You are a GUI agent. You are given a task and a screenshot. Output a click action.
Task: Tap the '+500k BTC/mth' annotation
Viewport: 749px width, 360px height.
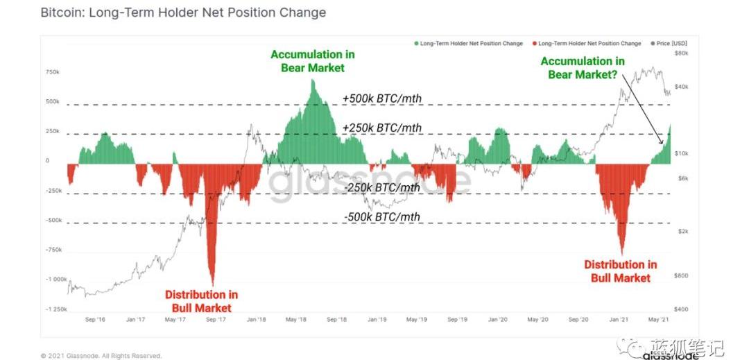tap(382, 98)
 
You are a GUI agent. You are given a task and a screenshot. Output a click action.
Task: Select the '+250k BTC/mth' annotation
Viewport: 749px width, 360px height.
tap(382, 128)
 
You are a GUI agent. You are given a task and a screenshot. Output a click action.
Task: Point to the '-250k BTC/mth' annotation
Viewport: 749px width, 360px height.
tap(382, 187)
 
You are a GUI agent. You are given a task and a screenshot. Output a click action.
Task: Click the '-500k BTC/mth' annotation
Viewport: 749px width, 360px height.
tap(382, 217)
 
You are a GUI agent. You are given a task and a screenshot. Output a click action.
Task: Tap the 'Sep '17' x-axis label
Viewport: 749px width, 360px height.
tap(216, 320)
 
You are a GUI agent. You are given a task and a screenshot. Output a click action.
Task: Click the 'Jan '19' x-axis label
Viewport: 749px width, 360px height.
tap(377, 320)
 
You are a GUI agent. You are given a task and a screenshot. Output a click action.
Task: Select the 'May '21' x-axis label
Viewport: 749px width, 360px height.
tap(657, 320)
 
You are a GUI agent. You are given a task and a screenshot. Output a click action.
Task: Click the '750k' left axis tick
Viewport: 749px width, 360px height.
tap(53, 71)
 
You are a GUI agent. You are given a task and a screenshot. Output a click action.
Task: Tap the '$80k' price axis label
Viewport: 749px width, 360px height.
tap(680, 53)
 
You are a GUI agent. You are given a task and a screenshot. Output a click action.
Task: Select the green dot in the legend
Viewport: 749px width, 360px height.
tap(416, 44)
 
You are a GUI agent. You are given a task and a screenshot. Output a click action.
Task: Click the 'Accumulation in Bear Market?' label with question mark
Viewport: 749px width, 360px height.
tap(582, 67)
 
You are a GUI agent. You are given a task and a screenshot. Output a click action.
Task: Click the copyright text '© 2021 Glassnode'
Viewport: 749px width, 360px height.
tap(101, 356)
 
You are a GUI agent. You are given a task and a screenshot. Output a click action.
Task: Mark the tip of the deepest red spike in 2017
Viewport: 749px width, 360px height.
tap(212, 284)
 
